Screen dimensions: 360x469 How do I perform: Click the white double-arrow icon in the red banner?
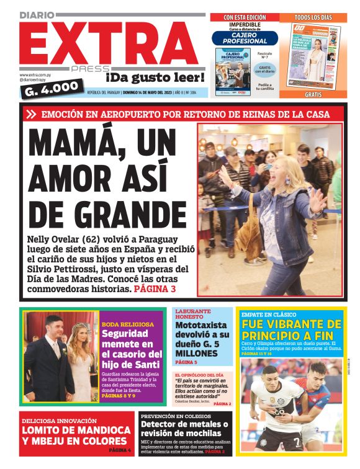[32, 114]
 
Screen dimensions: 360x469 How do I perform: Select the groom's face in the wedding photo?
[54, 329]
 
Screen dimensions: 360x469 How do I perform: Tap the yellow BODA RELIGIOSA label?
[127, 324]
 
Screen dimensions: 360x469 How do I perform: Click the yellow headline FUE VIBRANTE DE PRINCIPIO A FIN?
[291, 330]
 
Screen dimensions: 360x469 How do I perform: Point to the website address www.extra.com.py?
[35, 75]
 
